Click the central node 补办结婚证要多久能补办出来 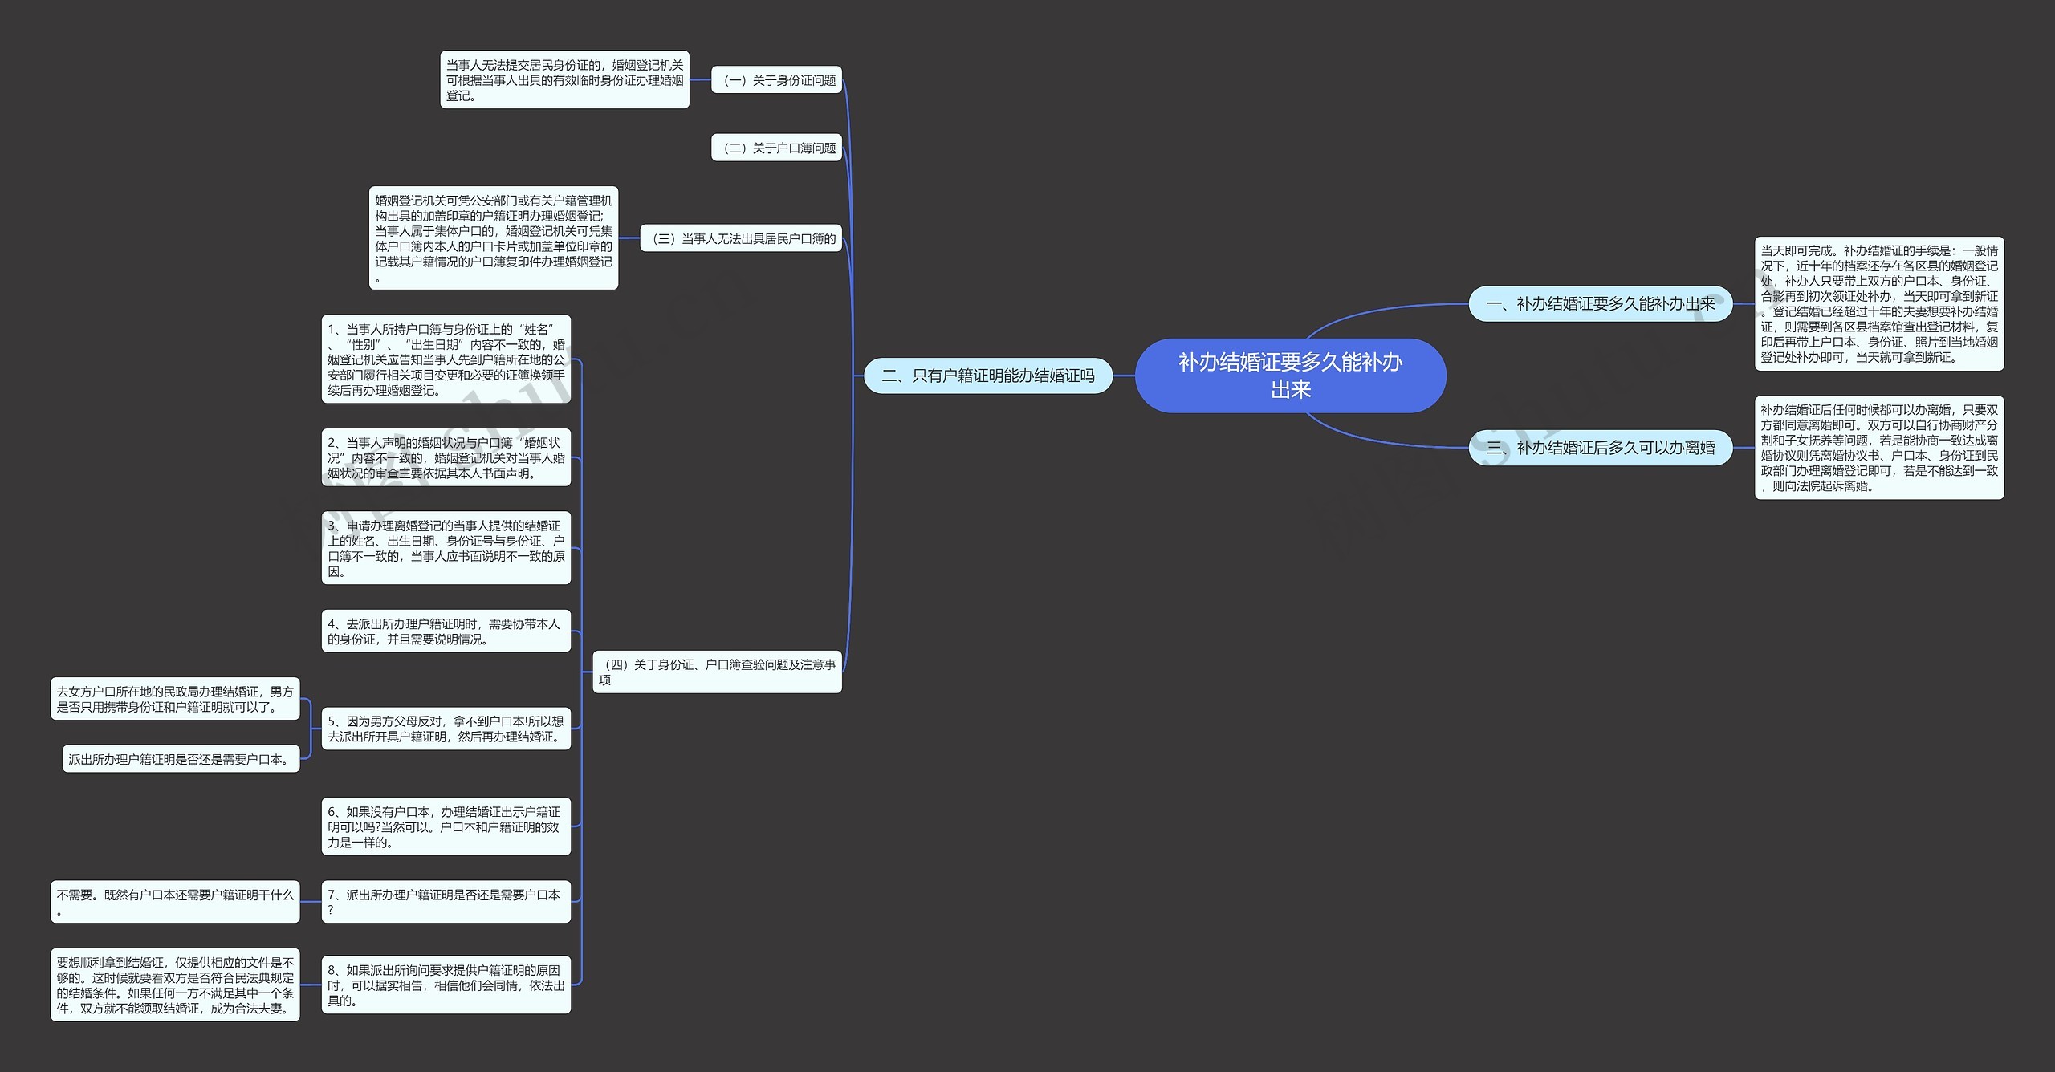pos(1290,376)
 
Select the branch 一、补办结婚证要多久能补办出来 pos(1600,304)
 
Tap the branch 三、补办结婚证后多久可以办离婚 pos(1600,448)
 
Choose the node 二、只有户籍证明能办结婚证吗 pos(987,376)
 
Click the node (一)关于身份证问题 pos(776,80)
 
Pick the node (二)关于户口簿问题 pos(776,148)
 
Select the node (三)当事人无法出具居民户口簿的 pos(741,238)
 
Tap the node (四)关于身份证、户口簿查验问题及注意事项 pos(717,672)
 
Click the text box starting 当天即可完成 pos(1878,304)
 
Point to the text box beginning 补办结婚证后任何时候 pos(1878,448)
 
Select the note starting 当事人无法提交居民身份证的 pos(564,80)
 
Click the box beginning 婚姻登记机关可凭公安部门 pos(493,238)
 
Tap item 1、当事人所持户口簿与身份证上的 pos(446,359)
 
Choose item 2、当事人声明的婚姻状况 pos(446,457)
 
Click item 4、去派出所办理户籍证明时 pos(446,631)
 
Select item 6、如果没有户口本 pos(446,826)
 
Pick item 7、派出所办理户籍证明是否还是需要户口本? pos(446,902)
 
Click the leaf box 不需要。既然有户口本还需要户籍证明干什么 pos(175,902)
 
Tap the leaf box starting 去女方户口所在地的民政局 pos(175,699)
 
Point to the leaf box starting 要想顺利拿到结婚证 pos(175,985)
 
